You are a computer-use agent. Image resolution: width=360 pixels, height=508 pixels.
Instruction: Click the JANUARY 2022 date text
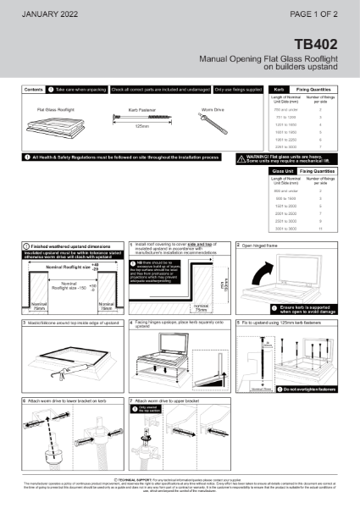point(49,14)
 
